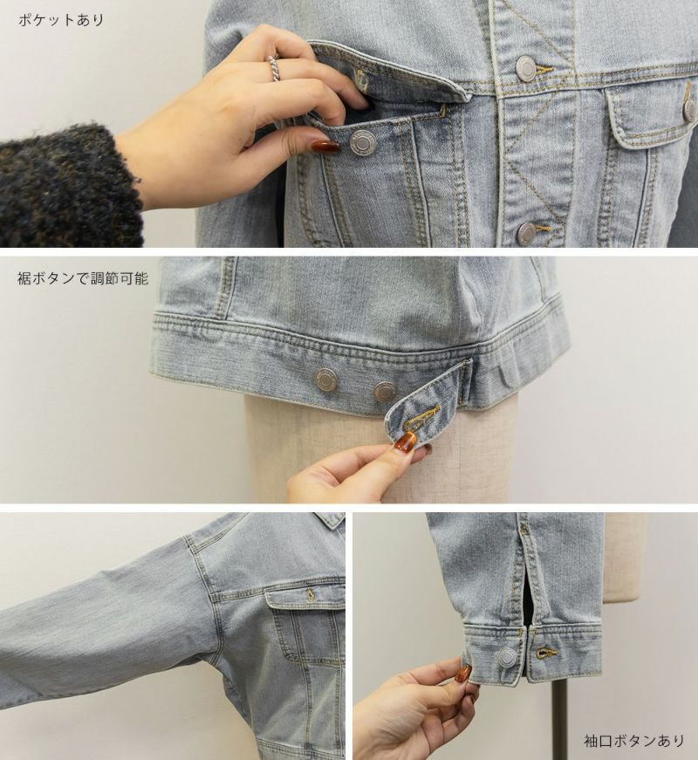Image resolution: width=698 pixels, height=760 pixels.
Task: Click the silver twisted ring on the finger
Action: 275,69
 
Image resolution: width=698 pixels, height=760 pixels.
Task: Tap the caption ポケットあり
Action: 61,20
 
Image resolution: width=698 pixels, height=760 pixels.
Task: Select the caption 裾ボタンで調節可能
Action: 83,278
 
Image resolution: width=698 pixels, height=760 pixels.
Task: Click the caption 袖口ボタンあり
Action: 634,740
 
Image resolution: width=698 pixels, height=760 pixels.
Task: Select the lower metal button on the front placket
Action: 527,232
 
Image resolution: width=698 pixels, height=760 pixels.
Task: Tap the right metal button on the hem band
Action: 384,391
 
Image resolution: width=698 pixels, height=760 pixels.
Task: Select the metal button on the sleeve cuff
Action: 506,657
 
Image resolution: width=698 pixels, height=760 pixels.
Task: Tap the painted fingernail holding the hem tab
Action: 405,442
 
